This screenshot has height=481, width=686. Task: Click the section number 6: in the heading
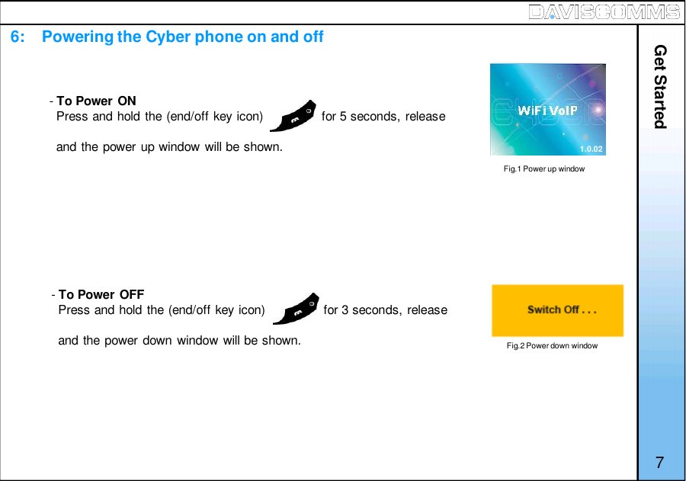click(x=21, y=37)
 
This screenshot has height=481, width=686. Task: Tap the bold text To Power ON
click(x=97, y=101)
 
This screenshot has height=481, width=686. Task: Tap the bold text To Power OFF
click(x=101, y=294)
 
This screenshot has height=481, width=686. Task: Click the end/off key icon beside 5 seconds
click(x=294, y=116)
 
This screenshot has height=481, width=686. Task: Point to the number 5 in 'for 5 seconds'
click(x=344, y=117)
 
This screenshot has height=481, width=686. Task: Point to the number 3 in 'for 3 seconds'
click(x=345, y=309)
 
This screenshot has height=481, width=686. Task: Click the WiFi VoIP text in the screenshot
click(x=547, y=111)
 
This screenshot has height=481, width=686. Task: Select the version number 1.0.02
click(x=591, y=149)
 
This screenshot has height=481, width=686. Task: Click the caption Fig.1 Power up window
click(x=544, y=168)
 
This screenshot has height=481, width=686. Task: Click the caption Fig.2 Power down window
click(x=553, y=345)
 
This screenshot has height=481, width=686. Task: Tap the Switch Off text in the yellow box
click(x=562, y=309)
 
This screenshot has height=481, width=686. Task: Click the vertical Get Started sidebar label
click(x=660, y=87)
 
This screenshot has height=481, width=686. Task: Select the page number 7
click(x=659, y=463)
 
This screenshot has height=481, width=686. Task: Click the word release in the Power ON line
click(x=425, y=117)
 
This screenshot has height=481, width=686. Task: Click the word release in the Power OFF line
click(x=427, y=309)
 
